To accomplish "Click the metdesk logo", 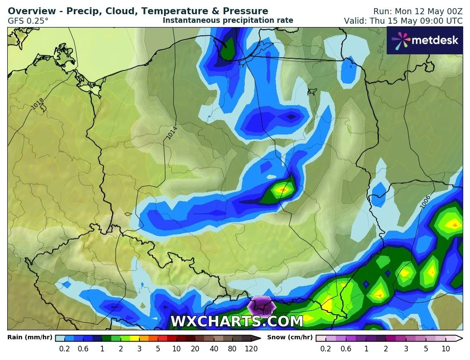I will [x=425, y=40].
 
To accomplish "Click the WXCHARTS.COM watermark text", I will [x=237, y=321].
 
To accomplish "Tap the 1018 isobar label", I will [x=38, y=103].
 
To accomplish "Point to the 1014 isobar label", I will [x=172, y=132].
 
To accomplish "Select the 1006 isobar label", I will [x=425, y=203].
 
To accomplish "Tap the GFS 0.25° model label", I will [x=28, y=20].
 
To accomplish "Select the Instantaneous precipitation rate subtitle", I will [x=228, y=20].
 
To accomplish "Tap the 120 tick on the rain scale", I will [x=251, y=349].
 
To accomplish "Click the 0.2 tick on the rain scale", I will [x=65, y=349].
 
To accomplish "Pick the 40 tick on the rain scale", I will [x=214, y=349].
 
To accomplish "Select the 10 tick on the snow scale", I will [x=446, y=349].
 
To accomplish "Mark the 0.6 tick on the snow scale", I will [x=346, y=349].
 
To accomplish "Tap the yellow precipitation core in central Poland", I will [x=283, y=189].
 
